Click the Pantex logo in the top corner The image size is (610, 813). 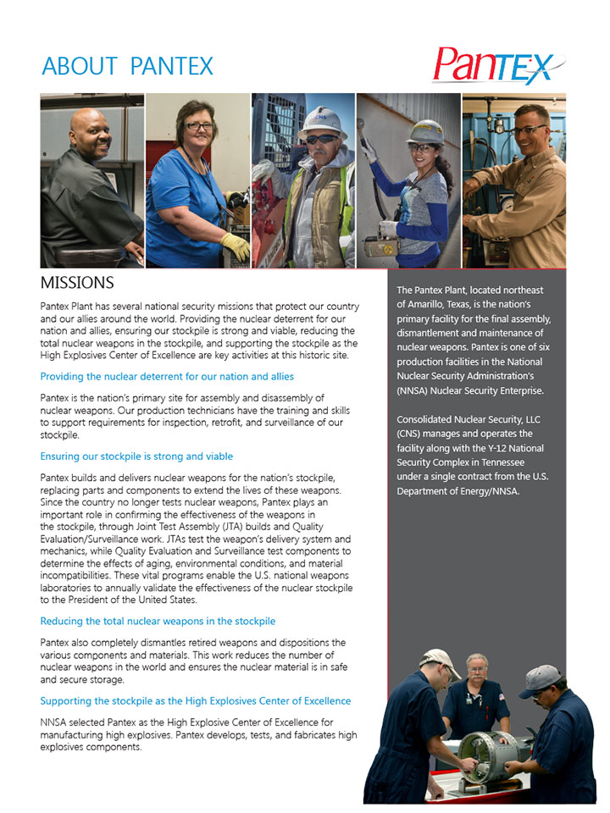pyautogui.click(x=495, y=66)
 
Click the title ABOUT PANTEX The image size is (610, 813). pyautogui.click(x=127, y=66)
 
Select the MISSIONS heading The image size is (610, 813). pyautogui.click(x=77, y=282)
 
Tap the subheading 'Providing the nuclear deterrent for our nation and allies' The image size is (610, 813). pyautogui.click(x=167, y=376)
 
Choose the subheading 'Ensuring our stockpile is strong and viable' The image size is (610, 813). pyautogui.click(x=136, y=456)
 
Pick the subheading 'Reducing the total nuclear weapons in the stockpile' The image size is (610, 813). pyautogui.click(x=158, y=621)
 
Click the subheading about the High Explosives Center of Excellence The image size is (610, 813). pyautogui.click(x=195, y=701)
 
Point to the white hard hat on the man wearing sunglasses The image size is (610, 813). pyautogui.click(x=322, y=121)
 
